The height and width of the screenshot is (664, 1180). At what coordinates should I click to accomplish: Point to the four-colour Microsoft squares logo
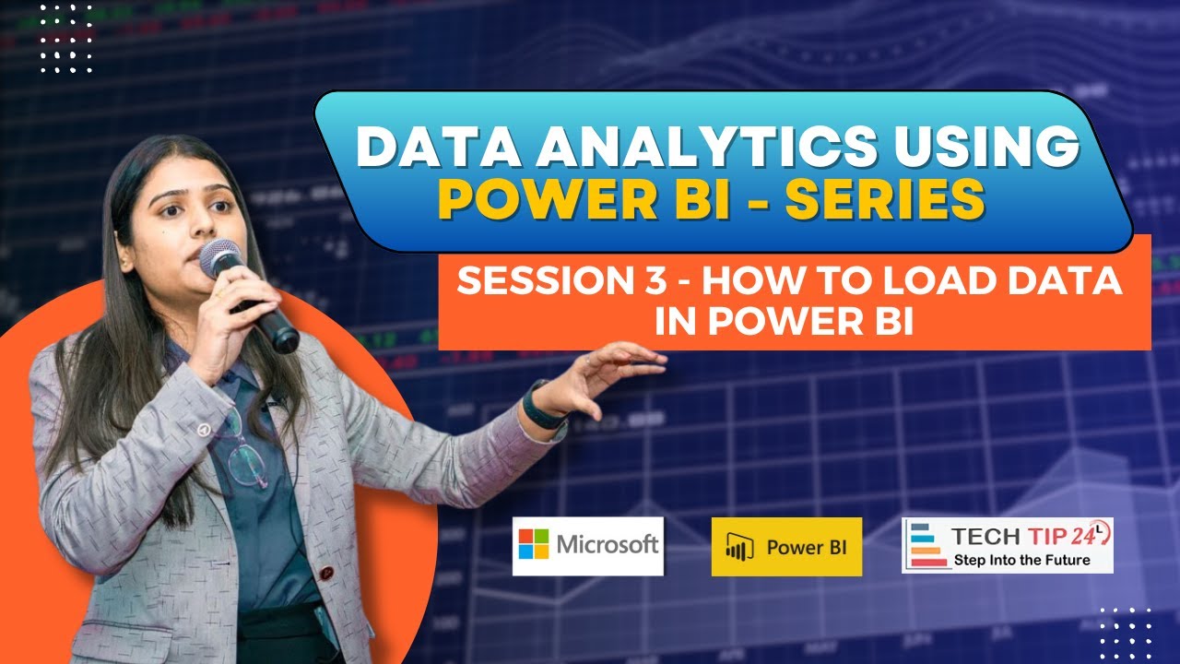point(534,544)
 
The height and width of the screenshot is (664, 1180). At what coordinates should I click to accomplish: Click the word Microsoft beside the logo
point(608,544)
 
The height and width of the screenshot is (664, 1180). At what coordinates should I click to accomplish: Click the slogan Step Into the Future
point(1021,560)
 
